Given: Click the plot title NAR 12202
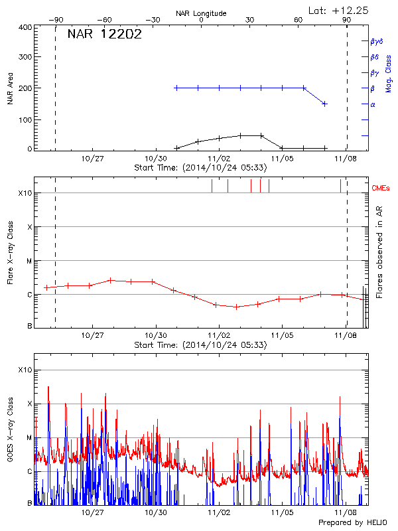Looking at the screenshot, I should (x=105, y=35).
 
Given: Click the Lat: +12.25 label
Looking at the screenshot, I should (x=339, y=10).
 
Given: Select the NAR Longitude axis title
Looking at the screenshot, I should (x=201, y=13).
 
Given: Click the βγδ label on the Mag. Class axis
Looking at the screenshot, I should (x=375, y=41).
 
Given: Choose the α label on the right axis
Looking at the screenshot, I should (x=373, y=104).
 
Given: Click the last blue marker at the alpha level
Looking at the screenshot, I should (x=324, y=104).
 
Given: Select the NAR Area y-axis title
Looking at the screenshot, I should (x=10, y=89).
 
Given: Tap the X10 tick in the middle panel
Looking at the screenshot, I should (x=26, y=194).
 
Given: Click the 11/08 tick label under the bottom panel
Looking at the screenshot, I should (x=345, y=513).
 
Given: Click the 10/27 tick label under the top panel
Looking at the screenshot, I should (x=92, y=159).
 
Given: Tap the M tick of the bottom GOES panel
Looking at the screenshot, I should (x=29, y=438).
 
